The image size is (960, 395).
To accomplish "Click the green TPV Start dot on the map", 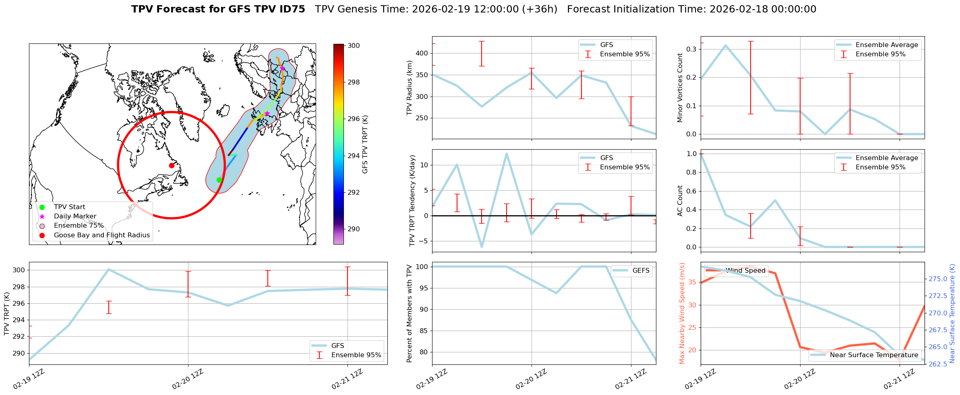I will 219,180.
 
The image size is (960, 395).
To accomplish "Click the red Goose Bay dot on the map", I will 172,165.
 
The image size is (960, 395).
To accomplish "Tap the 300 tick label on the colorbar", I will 354,46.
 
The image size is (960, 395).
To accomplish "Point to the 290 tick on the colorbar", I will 354,229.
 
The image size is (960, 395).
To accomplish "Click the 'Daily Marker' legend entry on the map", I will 75,216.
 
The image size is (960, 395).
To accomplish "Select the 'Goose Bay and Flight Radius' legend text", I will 101,235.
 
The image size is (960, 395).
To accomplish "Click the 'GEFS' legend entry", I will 641,271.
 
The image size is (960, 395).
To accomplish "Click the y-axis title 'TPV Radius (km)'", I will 410,88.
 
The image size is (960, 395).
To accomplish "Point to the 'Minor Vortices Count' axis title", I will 680,88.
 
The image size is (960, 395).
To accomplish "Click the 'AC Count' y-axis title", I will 680,201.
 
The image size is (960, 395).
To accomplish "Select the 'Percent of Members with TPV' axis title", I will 410,313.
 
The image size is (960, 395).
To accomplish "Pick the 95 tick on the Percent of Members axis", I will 424,288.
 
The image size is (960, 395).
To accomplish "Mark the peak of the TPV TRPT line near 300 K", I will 108,269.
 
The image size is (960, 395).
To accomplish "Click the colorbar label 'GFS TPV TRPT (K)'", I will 365,144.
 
